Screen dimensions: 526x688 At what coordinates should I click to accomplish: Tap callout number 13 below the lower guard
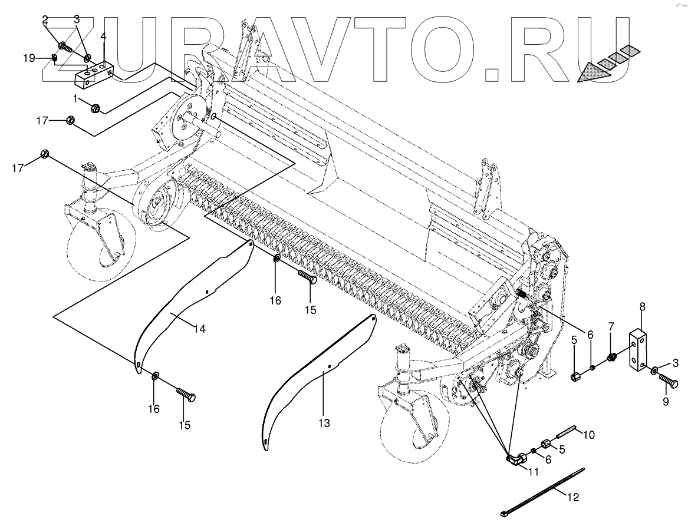pos(324,423)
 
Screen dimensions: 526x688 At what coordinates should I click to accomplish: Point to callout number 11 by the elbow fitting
pos(534,471)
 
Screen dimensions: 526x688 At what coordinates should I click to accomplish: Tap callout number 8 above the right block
pos(641,306)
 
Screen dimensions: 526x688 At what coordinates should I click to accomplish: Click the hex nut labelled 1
pos(95,108)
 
